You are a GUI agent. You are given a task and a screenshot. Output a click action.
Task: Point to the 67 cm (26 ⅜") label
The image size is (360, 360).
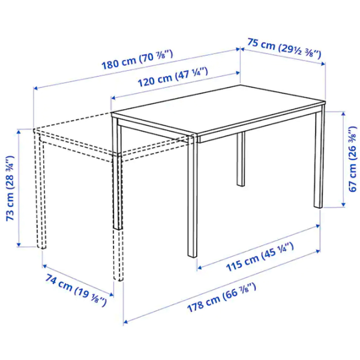[x=353, y=159]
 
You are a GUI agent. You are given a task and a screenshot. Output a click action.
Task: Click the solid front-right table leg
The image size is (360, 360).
[x=193, y=198]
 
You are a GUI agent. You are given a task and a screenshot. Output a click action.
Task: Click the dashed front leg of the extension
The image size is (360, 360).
[x=118, y=252]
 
